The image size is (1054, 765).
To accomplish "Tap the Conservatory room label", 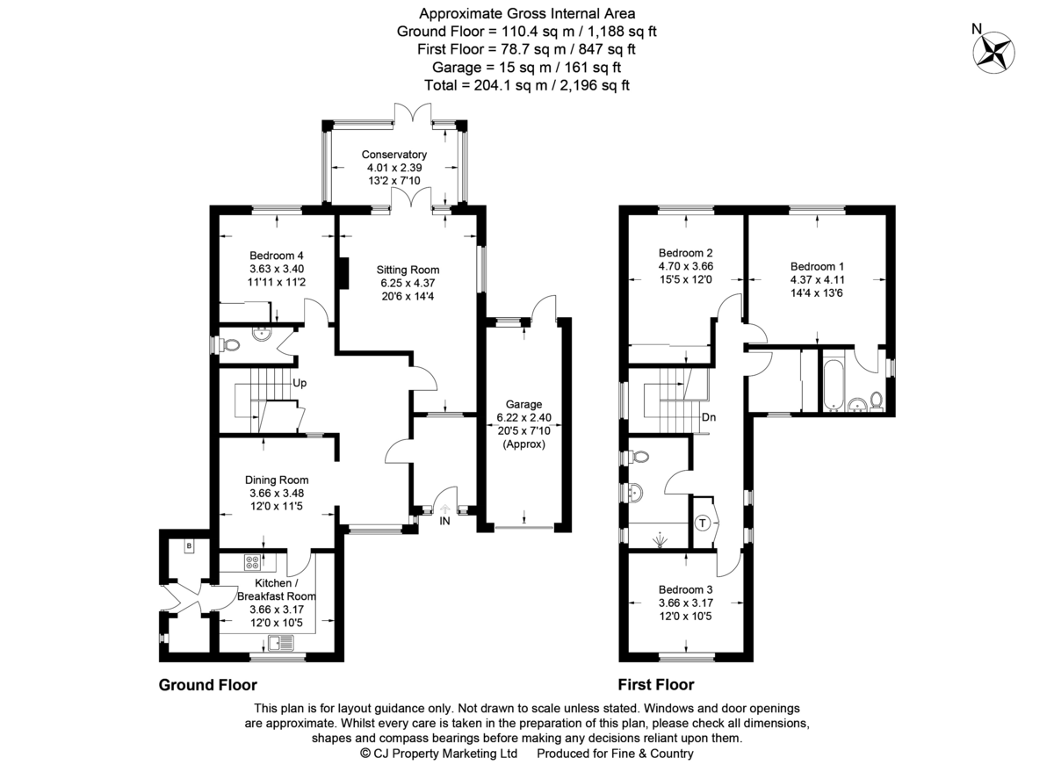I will [394, 155].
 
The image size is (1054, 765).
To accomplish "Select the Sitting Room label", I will [408, 270].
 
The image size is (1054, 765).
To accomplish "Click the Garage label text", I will [523, 405].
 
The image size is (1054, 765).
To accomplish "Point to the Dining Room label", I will [277, 480].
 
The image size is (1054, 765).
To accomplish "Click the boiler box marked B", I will [188, 547].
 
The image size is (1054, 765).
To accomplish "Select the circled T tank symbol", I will [703, 523].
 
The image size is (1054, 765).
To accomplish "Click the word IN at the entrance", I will [444, 521].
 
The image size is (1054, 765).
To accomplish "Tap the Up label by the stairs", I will [300, 384].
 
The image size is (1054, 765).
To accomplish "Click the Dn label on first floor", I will [709, 417].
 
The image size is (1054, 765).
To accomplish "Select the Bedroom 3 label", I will [686, 589].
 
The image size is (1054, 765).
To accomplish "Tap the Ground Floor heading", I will [207, 685].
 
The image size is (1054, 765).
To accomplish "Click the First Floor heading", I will [655, 685].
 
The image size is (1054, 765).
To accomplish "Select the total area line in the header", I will [526, 85].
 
